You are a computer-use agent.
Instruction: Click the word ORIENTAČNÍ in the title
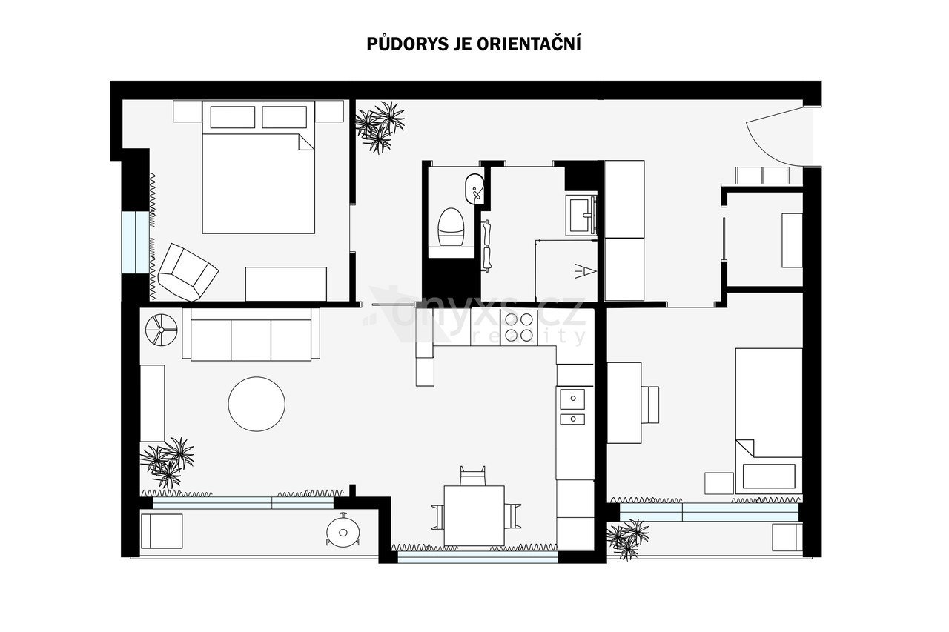pos(529,43)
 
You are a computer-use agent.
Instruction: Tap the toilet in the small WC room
pos(450,227)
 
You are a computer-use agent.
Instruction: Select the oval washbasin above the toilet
pos(474,188)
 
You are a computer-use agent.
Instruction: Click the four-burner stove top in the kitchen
pos(519,327)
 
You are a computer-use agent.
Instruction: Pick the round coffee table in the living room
pos(257,405)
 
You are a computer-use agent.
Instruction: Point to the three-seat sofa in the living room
pos(251,334)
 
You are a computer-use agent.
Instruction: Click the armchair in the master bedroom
pos(188,272)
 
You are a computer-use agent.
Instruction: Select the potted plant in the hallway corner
pos(380,127)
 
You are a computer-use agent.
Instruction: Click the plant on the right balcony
pos(628,539)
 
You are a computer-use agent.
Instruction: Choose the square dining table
pos(474,516)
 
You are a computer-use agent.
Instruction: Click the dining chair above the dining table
pos(473,476)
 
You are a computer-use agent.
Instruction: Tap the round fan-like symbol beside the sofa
pos(162,330)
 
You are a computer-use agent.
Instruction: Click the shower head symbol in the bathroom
pos(586,270)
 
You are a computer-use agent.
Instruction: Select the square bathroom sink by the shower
pos(581,216)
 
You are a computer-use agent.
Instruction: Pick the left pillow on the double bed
pos(233,117)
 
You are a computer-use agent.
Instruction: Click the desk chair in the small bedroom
pos(650,405)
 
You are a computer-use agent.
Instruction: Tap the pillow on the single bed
pos(769,476)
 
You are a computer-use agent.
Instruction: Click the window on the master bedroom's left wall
pos(136,242)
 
